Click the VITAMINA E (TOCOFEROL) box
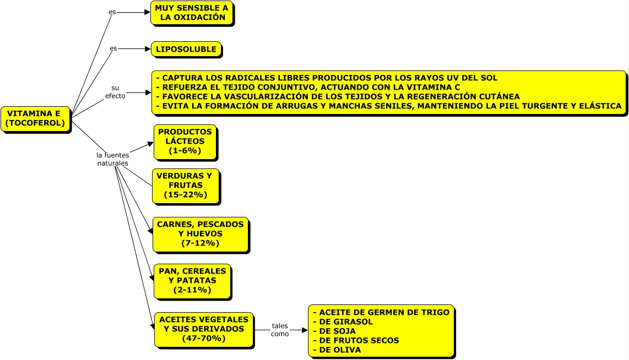[x=35, y=119]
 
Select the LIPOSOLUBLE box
[x=186, y=50]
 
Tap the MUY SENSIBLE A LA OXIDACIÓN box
[x=192, y=13]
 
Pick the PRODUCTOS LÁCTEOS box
[x=185, y=141]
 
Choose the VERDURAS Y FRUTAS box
[x=185, y=186]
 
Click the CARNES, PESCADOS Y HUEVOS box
[x=200, y=234]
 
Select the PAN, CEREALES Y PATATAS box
[x=192, y=281]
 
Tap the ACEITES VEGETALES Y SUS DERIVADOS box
[x=204, y=329]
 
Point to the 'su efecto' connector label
[x=115, y=92]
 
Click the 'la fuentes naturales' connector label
[x=113, y=159]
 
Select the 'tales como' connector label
[x=280, y=330]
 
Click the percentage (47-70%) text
[x=204, y=339]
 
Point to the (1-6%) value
[x=185, y=151]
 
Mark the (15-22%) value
[x=185, y=195]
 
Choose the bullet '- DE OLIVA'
[x=337, y=350]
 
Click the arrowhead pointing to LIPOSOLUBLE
[x=148, y=49]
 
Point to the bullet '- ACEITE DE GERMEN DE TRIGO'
[x=381, y=312]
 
